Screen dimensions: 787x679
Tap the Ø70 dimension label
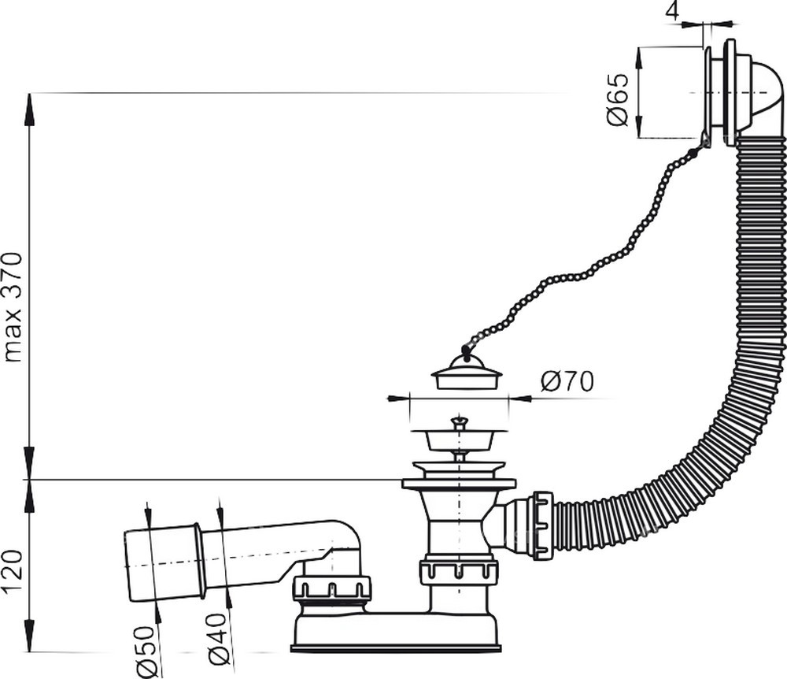click(x=567, y=381)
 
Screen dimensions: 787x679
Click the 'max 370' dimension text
click(x=13, y=307)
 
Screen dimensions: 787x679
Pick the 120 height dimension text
click(x=13, y=572)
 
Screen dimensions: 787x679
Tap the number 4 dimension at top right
click(x=673, y=10)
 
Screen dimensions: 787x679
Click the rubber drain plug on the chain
click(x=466, y=372)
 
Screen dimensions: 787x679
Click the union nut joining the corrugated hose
click(x=544, y=526)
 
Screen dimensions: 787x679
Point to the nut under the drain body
click(x=457, y=573)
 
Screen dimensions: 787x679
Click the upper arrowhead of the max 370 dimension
click(x=30, y=109)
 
